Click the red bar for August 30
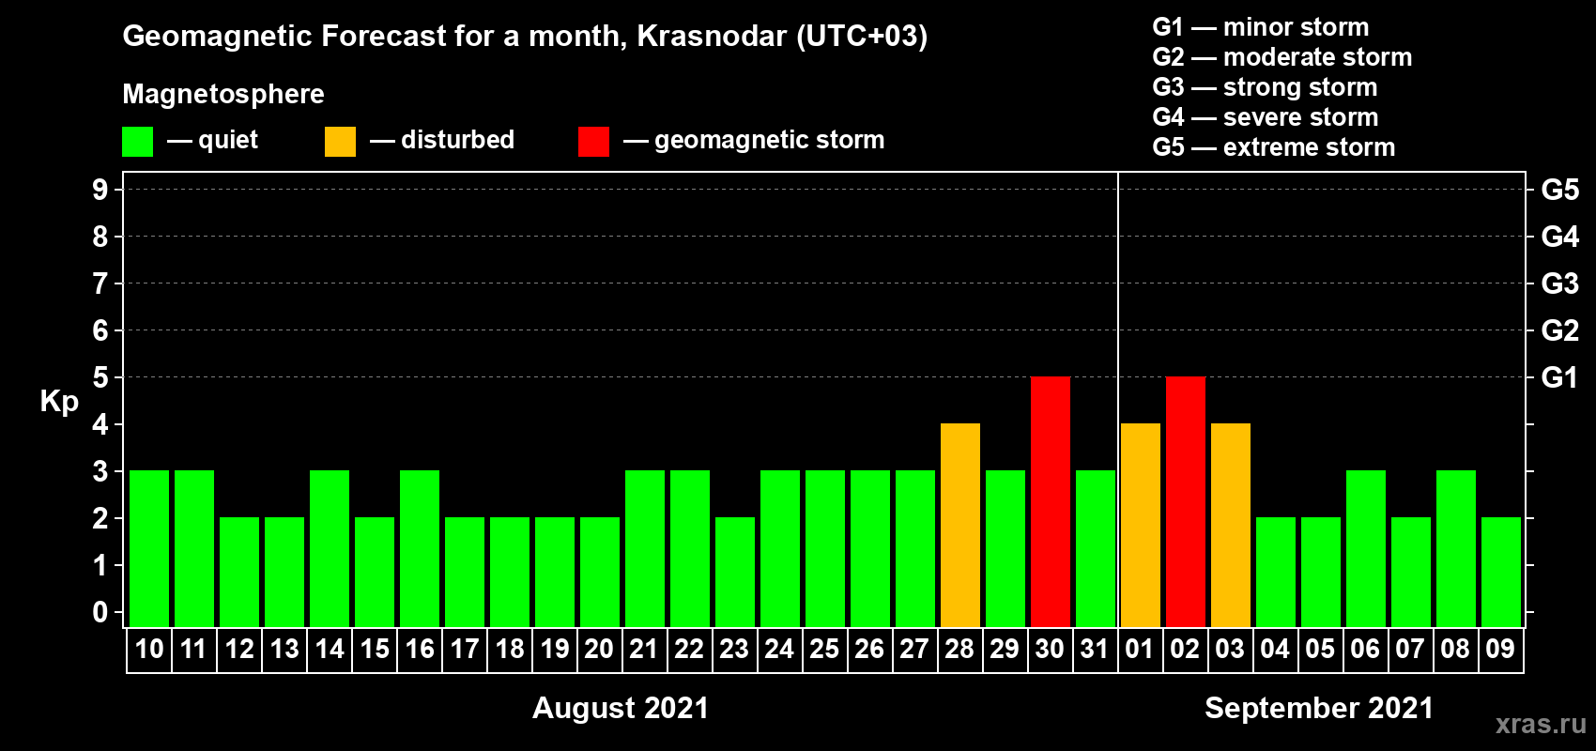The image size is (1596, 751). [x=1051, y=501]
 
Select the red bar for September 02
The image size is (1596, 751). [x=1186, y=501]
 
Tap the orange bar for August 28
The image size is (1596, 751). [x=960, y=525]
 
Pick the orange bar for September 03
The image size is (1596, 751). [x=1231, y=525]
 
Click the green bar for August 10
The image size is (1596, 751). [x=149, y=548]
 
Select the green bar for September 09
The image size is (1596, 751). [x=1501, y=572]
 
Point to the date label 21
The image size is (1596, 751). [x=643, y=649]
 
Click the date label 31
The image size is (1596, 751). [x=1095, y=649]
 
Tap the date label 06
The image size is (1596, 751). [x=1365, y=649]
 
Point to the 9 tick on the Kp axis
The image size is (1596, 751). [x=100, y=190]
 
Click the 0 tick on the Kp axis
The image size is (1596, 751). [x=100, y=612]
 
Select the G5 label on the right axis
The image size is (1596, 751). [x=1559, y=190]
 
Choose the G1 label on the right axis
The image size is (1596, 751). [x=1559, y=377]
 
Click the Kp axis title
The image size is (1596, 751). [x=59, y=401]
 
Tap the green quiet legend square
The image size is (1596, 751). [x=137, y=141]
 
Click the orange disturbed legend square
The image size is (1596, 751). [x=340, y=141]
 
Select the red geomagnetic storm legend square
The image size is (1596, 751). [x=594, y=141]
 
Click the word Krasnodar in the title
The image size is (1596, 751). [x=712, y=36]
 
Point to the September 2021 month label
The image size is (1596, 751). [x=1319, y=708]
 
